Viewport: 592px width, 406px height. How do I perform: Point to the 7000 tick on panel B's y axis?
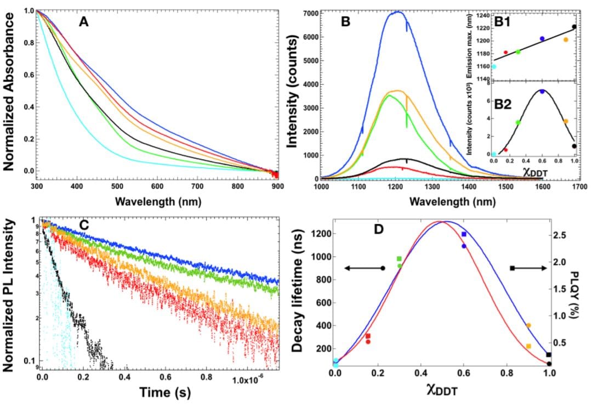pos(309,13)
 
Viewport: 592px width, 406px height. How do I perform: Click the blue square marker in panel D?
pos(464,234)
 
